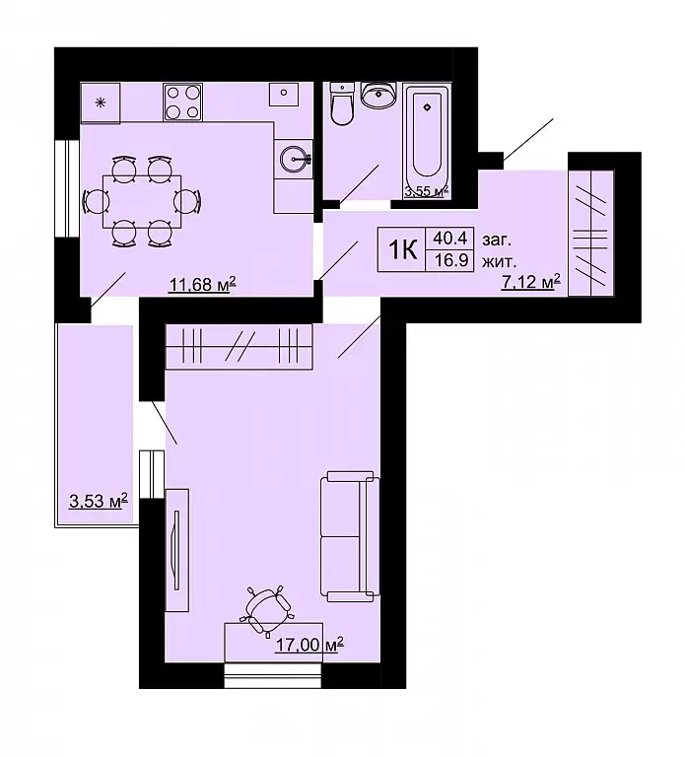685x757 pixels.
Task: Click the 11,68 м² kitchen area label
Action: (202, 284)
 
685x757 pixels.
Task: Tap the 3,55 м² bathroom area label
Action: (427, 191)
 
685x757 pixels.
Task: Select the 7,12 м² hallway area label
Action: (531, 282)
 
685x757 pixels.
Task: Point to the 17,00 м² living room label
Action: (308, 645)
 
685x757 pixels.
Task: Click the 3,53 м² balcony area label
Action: (99, 501)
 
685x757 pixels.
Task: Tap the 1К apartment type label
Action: (402, 250)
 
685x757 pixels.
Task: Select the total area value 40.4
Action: (449, 238)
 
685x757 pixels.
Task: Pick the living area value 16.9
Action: (450, 260)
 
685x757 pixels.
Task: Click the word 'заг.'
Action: (496, 240)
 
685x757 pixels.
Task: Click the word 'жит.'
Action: (499, 262)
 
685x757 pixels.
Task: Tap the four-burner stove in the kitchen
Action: (183, 102)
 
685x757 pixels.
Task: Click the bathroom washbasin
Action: (378, 95)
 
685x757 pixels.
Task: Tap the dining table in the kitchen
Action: (142, 201)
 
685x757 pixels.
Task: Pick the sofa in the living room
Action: (350, 536)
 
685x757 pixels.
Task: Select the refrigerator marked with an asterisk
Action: (101, 103)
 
